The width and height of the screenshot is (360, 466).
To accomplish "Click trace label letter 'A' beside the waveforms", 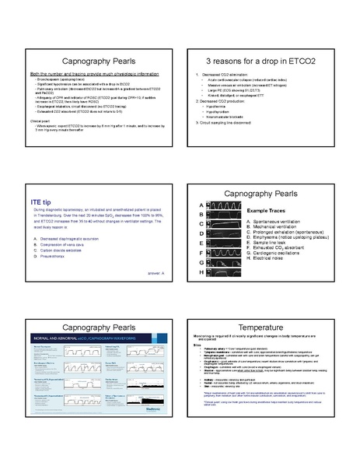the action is [201, 204].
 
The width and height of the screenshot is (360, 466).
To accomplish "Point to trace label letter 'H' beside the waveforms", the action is [201, 273].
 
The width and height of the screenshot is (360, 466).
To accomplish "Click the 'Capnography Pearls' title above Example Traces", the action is [269, 191].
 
